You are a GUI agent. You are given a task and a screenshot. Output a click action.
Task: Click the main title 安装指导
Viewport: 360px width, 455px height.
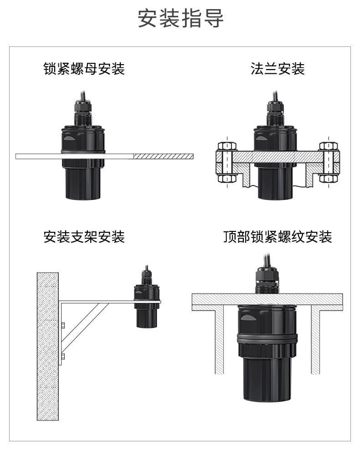click(x=180, y=19)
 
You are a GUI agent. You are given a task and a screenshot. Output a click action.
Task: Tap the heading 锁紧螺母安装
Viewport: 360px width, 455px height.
click(x=84, y=69)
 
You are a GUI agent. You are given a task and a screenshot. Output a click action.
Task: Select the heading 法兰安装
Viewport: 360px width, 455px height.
click(x=277, y=69)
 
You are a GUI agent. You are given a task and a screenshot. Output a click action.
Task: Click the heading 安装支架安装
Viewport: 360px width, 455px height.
click(x=84, y=237)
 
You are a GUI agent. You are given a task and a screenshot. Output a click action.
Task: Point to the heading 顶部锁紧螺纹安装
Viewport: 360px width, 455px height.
click(x=277, y=237)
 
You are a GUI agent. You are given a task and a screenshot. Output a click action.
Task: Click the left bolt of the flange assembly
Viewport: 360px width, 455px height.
click(x=226, y=162)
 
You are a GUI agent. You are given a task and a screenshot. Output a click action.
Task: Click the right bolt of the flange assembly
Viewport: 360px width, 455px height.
click(x=328, y=162)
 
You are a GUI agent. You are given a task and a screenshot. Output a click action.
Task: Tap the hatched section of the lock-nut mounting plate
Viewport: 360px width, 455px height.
click(x=163, y=156)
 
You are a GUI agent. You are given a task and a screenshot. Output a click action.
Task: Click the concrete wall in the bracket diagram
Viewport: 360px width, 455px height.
click(x=47, y=346)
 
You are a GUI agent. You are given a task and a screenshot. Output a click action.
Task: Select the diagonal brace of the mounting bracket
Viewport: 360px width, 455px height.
click(x=84, y=326)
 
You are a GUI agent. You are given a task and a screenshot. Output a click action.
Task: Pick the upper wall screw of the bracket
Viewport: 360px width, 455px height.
click(x=63, y=325)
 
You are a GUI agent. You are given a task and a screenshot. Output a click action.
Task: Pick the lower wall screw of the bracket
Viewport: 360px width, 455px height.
click(x=63, y=356)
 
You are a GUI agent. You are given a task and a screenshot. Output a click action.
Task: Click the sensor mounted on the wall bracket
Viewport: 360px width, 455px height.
click(x=146, y=303)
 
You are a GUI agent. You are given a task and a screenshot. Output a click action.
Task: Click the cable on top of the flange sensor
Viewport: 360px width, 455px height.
click(x=275, y=96)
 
